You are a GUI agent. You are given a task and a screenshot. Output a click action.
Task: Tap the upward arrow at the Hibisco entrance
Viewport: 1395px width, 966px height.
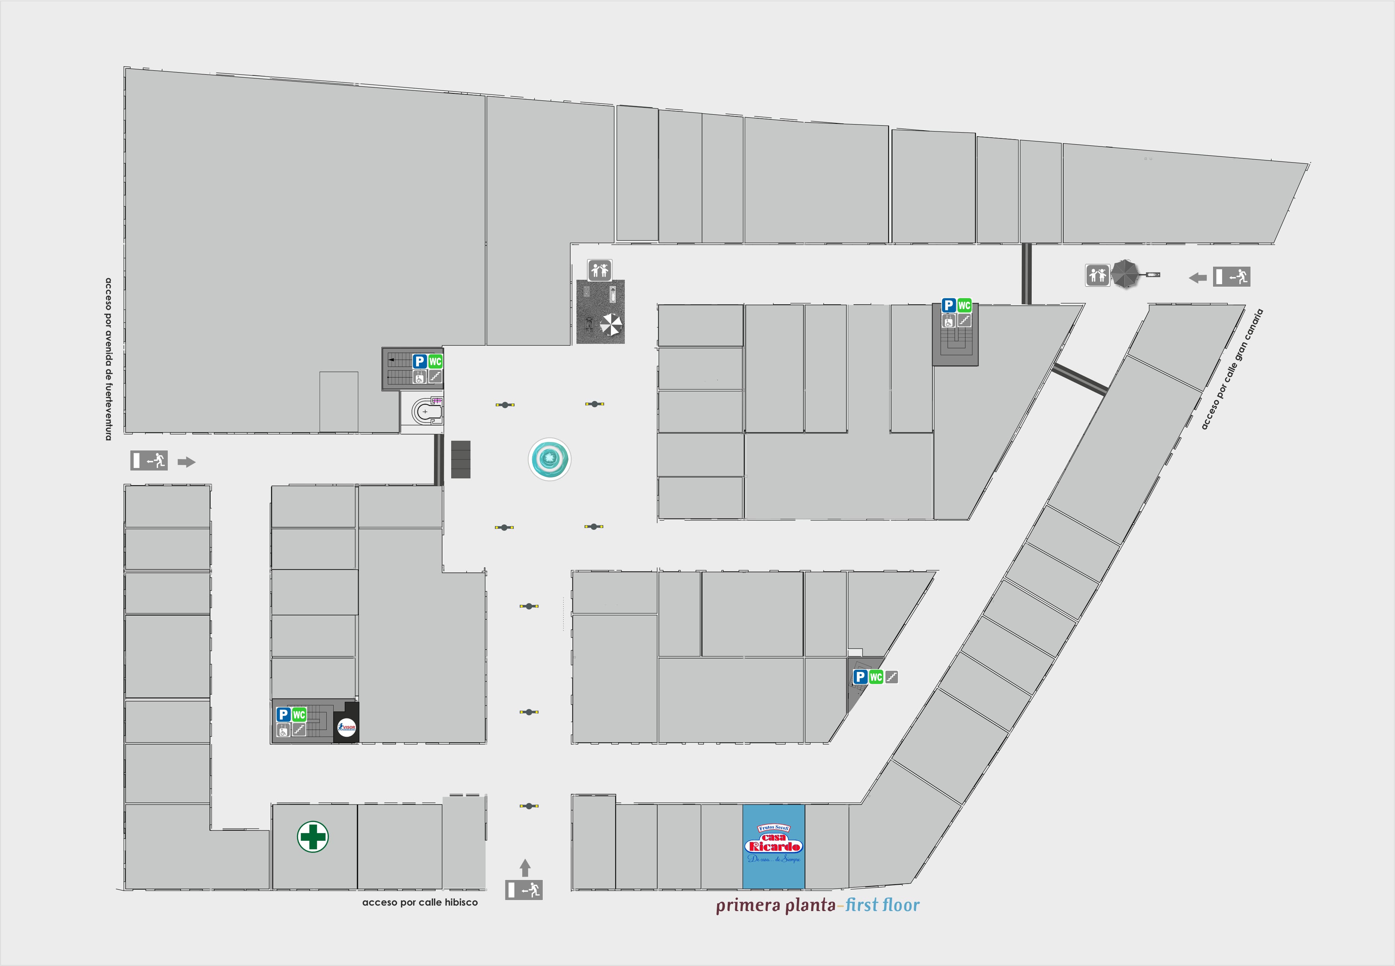525,867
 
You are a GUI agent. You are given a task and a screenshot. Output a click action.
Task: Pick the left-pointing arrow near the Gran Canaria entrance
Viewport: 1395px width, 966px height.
1197,278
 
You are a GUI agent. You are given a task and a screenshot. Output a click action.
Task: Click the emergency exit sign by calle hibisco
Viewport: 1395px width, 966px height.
524,890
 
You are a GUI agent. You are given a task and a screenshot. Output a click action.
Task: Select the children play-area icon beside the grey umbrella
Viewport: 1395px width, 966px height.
1097,275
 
